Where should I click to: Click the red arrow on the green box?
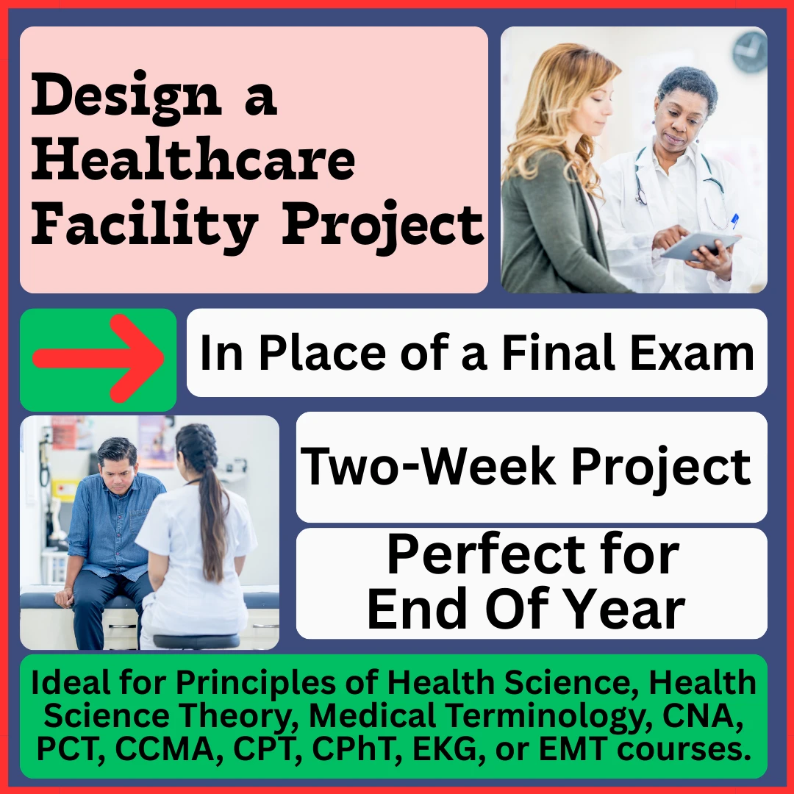click(99, 360)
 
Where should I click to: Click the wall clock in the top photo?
click(749, 52)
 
